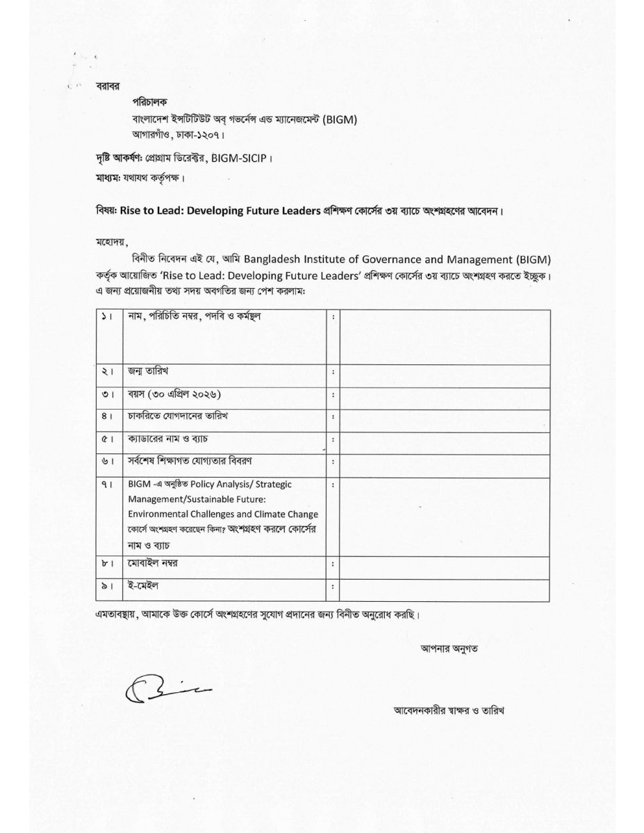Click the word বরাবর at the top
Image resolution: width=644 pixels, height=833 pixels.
point(108,86)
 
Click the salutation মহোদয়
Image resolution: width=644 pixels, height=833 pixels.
point(113,242)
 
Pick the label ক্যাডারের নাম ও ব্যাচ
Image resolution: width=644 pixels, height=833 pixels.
point(168,439)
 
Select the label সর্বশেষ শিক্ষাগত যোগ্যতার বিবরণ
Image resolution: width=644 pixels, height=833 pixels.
point(189,462)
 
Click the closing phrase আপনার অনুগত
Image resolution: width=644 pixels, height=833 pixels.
point(449,648)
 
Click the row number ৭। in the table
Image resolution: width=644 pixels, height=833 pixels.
point(107,484)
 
